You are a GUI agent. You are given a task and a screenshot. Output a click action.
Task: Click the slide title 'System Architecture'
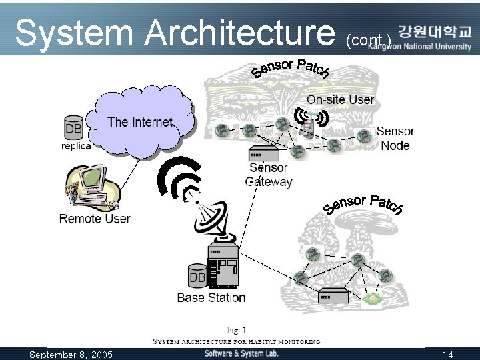[x=175, y=31]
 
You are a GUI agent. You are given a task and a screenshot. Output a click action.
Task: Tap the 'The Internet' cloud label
[x=140, y=122]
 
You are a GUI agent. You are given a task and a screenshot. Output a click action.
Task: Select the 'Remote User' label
[x=95, y=219]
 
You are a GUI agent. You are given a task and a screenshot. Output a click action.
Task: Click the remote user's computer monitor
[x=91, y=179]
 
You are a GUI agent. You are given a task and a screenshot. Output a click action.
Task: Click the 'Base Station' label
[x=211, y=298]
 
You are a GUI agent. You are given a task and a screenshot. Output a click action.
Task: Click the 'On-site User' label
[x=340, y=99]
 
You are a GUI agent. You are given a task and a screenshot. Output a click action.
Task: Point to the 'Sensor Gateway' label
[x=268, y=175]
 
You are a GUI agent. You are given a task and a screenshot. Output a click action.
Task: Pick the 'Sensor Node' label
[x=395, y=138]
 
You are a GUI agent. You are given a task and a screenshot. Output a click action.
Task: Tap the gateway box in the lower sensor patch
[x=333, y=296]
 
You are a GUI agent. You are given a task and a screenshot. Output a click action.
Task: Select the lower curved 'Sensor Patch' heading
[x=363, y=204]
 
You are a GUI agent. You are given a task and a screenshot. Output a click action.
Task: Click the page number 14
[x=447, y=355]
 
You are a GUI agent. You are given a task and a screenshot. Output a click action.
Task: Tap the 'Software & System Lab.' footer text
[x=241, y=353]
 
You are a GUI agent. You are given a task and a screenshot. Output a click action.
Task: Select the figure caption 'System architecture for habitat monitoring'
[x=237, y=341]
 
